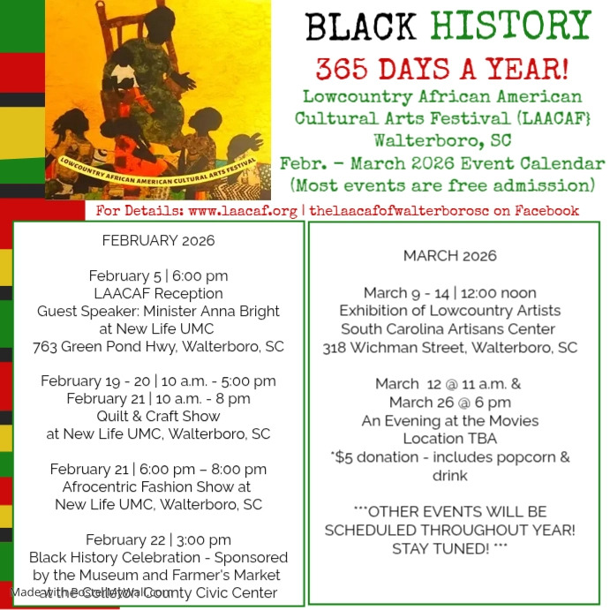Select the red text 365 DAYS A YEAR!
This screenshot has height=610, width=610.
(x=443, y=68)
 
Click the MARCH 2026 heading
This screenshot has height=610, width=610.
(x=449, y=256)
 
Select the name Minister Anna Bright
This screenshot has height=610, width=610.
(x=219, y=311)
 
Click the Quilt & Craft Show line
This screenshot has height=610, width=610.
(x=159, y=417)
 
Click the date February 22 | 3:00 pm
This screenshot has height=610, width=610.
(x=158, y=540)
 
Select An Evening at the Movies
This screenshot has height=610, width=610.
(x=449, y=420)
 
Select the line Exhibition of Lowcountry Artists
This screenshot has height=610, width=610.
(x=449, y=311)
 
